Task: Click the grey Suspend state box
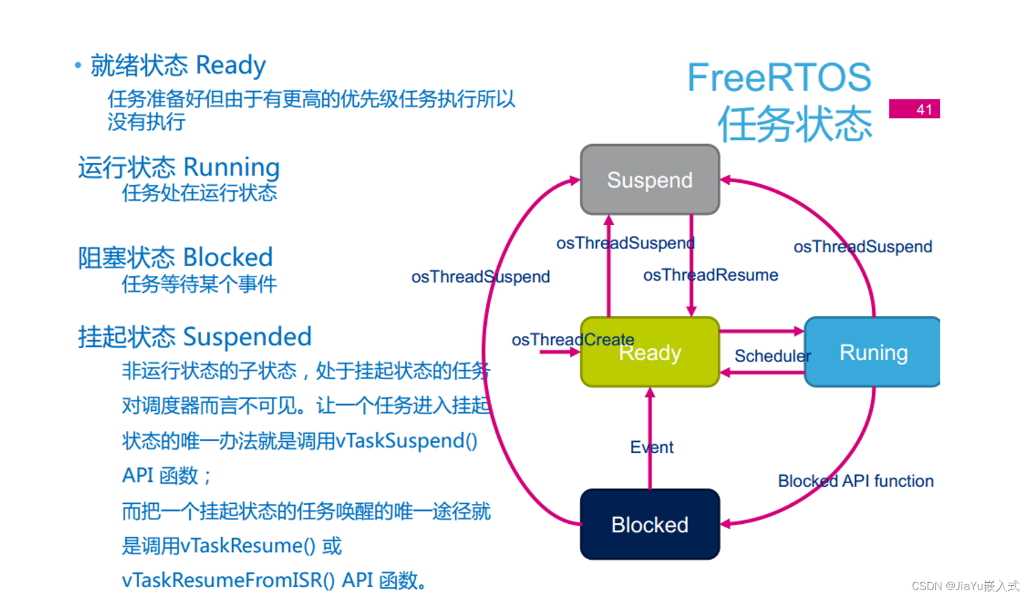click(x=650, y=180)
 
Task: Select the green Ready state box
click(x=650, y=352)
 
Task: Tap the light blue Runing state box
click(x=873, y=352)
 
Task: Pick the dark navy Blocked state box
click(x=650, y=524)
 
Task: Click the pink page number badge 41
click(x=915, y=109)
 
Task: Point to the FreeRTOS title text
click(x=779, y=78)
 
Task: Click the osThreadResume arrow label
click(x=711, y=275)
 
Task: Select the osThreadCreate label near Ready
click(x=573, y=340)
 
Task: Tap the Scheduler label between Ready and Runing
click(x=772, y=356)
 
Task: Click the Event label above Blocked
click(x=652, y=447)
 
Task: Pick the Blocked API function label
click(x=855, y=481)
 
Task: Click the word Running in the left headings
click(x=232, y=168)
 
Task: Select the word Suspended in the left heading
click(x=247, y=337)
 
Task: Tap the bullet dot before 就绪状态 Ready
click(x=78, y=65)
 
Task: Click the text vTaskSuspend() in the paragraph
click(x=406, y=441)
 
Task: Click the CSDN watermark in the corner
click(x=965, y=586)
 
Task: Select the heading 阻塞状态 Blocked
click(x=175, y=258)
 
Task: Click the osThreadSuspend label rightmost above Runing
click(x=862, y=247)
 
